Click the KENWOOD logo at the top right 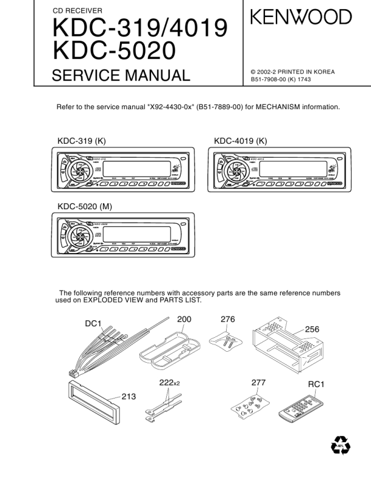click(x=301, y=17)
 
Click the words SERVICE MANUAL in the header click(x=121, y=76)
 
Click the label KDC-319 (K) click(x=82, y=141)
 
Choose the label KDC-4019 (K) click(x=241, y=141)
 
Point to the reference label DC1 click(x=93, y=324)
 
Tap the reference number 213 click(x=129, y=396)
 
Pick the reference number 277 click(x=258, y=383)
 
